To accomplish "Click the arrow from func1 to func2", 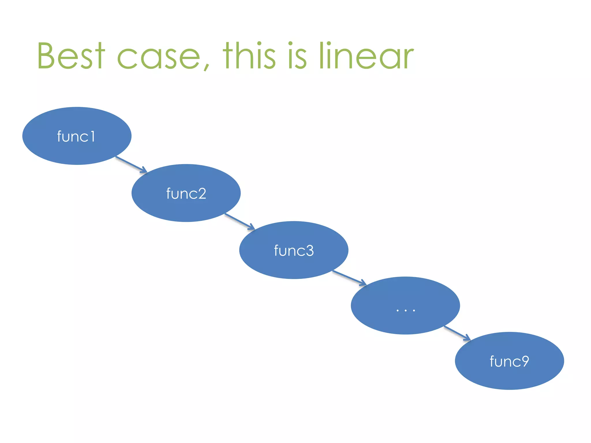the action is coord(131,165).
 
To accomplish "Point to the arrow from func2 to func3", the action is coord(240,221).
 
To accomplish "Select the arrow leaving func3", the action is coord(349,278).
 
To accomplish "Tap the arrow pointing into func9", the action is coord(457,333).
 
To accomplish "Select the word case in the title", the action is coord(159,56).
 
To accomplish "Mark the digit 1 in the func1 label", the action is coord(93,136).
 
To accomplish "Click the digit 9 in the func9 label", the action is coord(523,361).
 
